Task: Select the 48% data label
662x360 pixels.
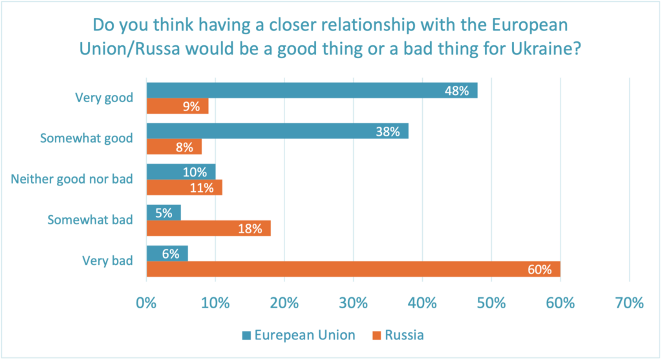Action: click(456, 91)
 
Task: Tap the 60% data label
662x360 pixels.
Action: click(539, 270)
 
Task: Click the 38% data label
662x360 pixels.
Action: click(388, 132)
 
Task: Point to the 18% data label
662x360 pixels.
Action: click(250, 229)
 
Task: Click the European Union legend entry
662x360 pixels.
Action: click(304, 335)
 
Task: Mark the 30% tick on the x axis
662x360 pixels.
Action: click(354, 302)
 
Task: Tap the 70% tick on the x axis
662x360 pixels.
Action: click(630, 302)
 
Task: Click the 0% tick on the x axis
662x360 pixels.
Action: click(147, 302)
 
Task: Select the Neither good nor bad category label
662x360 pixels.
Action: click(72, 179)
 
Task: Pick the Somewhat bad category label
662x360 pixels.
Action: click(91, 220)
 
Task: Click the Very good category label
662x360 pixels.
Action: click(103, 98)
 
